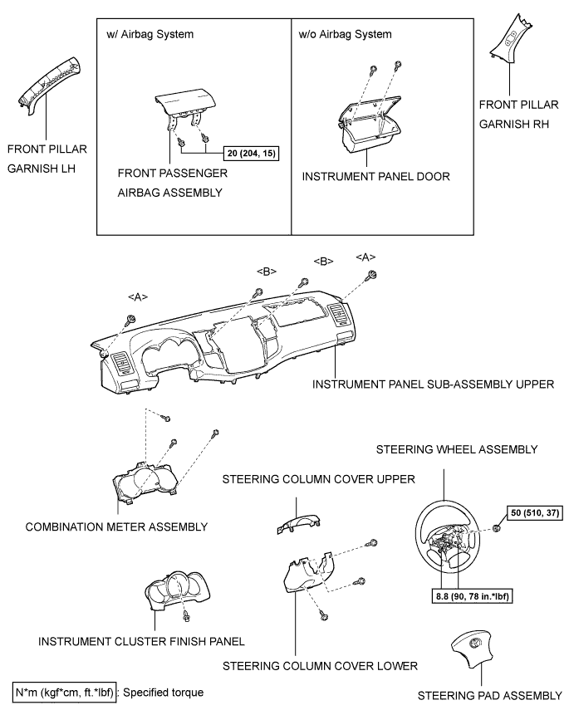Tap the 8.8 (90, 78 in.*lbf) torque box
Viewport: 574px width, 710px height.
coord(472,596)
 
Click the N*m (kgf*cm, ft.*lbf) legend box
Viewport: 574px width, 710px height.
coord(64,693)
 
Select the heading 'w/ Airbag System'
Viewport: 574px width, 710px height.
coord(150,34)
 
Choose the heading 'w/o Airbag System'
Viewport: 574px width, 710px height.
coord(346,34)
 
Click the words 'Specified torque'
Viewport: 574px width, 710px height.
coord(163,693)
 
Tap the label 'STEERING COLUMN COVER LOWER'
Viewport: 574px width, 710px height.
coord(320,666)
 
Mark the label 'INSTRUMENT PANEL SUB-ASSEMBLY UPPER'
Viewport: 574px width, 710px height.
coord(433,384)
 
